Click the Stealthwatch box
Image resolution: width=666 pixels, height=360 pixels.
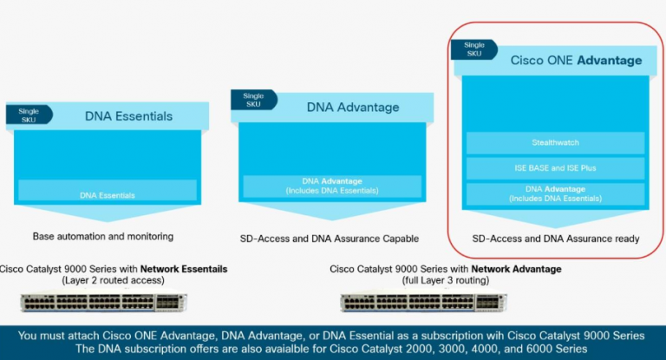coord(555,142)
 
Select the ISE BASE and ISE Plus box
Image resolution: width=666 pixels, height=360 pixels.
coord(555,167)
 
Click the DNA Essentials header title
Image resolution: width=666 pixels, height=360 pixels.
coord(128,115)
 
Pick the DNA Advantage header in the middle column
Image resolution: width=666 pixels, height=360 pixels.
coord(353,108)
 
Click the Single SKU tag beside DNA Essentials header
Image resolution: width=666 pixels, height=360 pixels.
coord(28,115)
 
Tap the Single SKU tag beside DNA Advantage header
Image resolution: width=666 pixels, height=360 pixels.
coord(252,101)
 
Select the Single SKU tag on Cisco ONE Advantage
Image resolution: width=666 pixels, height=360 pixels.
coord(474,50)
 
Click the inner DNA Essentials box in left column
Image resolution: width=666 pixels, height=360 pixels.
coord(107,195)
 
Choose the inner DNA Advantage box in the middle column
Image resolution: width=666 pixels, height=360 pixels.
coord(332,186)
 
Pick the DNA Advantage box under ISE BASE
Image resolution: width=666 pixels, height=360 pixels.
coord(555,194)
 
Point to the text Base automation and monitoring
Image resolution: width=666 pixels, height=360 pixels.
coord(103,236)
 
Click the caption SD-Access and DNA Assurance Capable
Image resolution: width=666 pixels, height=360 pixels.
coord(329,238)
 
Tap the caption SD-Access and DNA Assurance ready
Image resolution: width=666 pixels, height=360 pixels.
coord(555,238)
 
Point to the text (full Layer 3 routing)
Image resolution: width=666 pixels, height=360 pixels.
coord(446,280)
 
